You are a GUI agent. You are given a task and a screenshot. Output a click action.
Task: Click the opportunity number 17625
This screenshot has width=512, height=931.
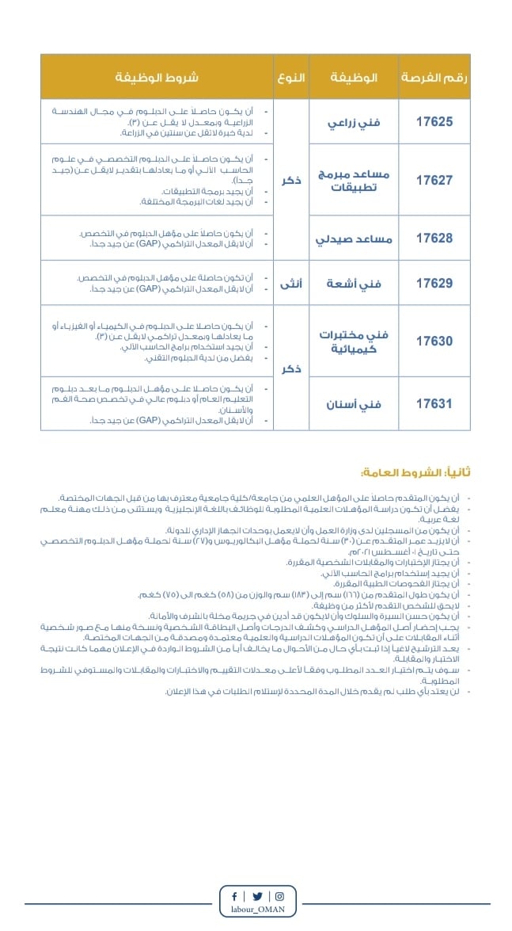pyautogui.click(x=434, y=122)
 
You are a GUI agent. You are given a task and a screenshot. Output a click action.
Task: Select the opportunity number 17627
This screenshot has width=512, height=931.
pyautogui.click(x=434, y=180)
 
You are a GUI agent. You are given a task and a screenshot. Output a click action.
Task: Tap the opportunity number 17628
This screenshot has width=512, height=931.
pyautogui.click(x=434, y=238)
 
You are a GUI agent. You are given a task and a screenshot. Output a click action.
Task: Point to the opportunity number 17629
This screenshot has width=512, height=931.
pyautogui.click(x=434, y=282)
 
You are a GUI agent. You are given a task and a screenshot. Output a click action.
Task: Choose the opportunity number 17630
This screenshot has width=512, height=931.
pyautogui.click(x=434, y=341)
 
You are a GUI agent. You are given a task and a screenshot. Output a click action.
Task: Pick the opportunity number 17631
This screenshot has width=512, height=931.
pyautogui.click(x=434, y=403)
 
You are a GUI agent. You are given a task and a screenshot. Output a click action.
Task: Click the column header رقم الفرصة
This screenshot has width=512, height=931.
pyautogui.click(x=434, y=77)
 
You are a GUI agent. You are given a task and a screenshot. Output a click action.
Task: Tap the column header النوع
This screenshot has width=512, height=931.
pyautogui.click(x=290, y=77)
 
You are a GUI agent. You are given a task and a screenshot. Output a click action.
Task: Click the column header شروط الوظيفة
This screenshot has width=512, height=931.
pyautogui.click(x=157, y=77)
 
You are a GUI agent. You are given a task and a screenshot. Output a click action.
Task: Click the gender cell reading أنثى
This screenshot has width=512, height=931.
pyautogui.click(x=290, y=282)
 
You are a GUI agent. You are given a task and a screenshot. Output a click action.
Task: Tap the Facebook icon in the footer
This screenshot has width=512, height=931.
pyautogui.click(x=234, y=896)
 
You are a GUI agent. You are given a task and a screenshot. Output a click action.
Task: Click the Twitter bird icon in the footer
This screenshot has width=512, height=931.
pyautogui.click(x=256, y=896)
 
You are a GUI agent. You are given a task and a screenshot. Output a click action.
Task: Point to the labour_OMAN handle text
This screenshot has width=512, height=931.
pyautogui.click(x=258, y=910)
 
